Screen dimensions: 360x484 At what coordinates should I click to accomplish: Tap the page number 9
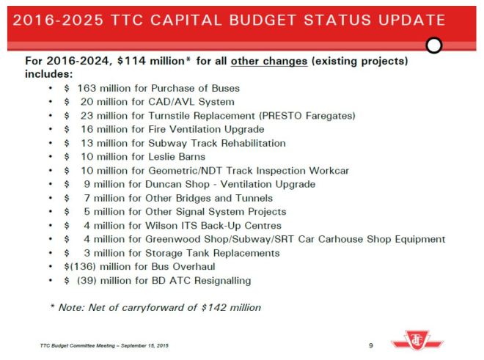[x=371, y=344]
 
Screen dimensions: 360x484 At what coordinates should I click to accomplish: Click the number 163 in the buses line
[x=87, y=88]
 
